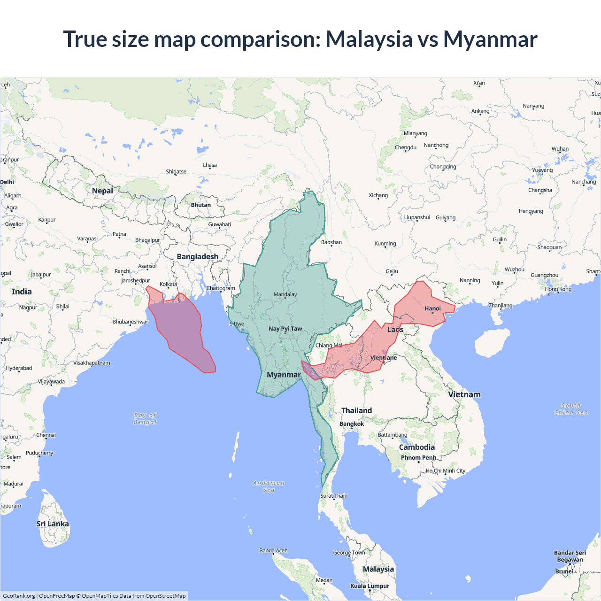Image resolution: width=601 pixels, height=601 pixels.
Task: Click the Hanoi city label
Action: pos(432,308)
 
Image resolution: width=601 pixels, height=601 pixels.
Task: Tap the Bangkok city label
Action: pos(352,424)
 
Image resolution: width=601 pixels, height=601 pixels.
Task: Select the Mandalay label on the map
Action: pos(285,294)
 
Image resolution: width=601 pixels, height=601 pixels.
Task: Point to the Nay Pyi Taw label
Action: pos(285,329)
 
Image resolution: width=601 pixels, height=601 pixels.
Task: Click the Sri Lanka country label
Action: pos(53,524)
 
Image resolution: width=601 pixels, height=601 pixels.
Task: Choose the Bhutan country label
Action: pos(201,205)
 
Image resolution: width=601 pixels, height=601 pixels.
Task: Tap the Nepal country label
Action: pos(102,191)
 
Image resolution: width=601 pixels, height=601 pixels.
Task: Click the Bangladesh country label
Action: pos(198,256)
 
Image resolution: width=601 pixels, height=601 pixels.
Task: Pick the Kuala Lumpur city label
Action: pos(370,586)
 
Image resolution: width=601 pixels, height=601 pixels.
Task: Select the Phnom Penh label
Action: pos(418,458)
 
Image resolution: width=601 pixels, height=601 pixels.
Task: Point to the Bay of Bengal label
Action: pos(145,418)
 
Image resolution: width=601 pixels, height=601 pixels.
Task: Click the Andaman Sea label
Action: pos(269,486)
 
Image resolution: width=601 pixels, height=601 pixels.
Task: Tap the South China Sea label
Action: pos(571,409)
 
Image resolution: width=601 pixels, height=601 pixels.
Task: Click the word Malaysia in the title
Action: pos(369,39)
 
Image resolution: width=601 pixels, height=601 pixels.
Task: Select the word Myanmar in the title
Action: pos(490,39)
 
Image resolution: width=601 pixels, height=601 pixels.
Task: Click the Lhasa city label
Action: pos(210,165)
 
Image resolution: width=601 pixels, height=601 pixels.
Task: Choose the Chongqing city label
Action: pos(443,167)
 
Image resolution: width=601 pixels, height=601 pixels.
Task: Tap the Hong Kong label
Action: pos(558,289)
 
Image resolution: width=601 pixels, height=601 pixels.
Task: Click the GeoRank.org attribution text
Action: pos(19,596)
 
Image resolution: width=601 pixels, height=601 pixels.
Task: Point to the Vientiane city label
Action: pos(384,358)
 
